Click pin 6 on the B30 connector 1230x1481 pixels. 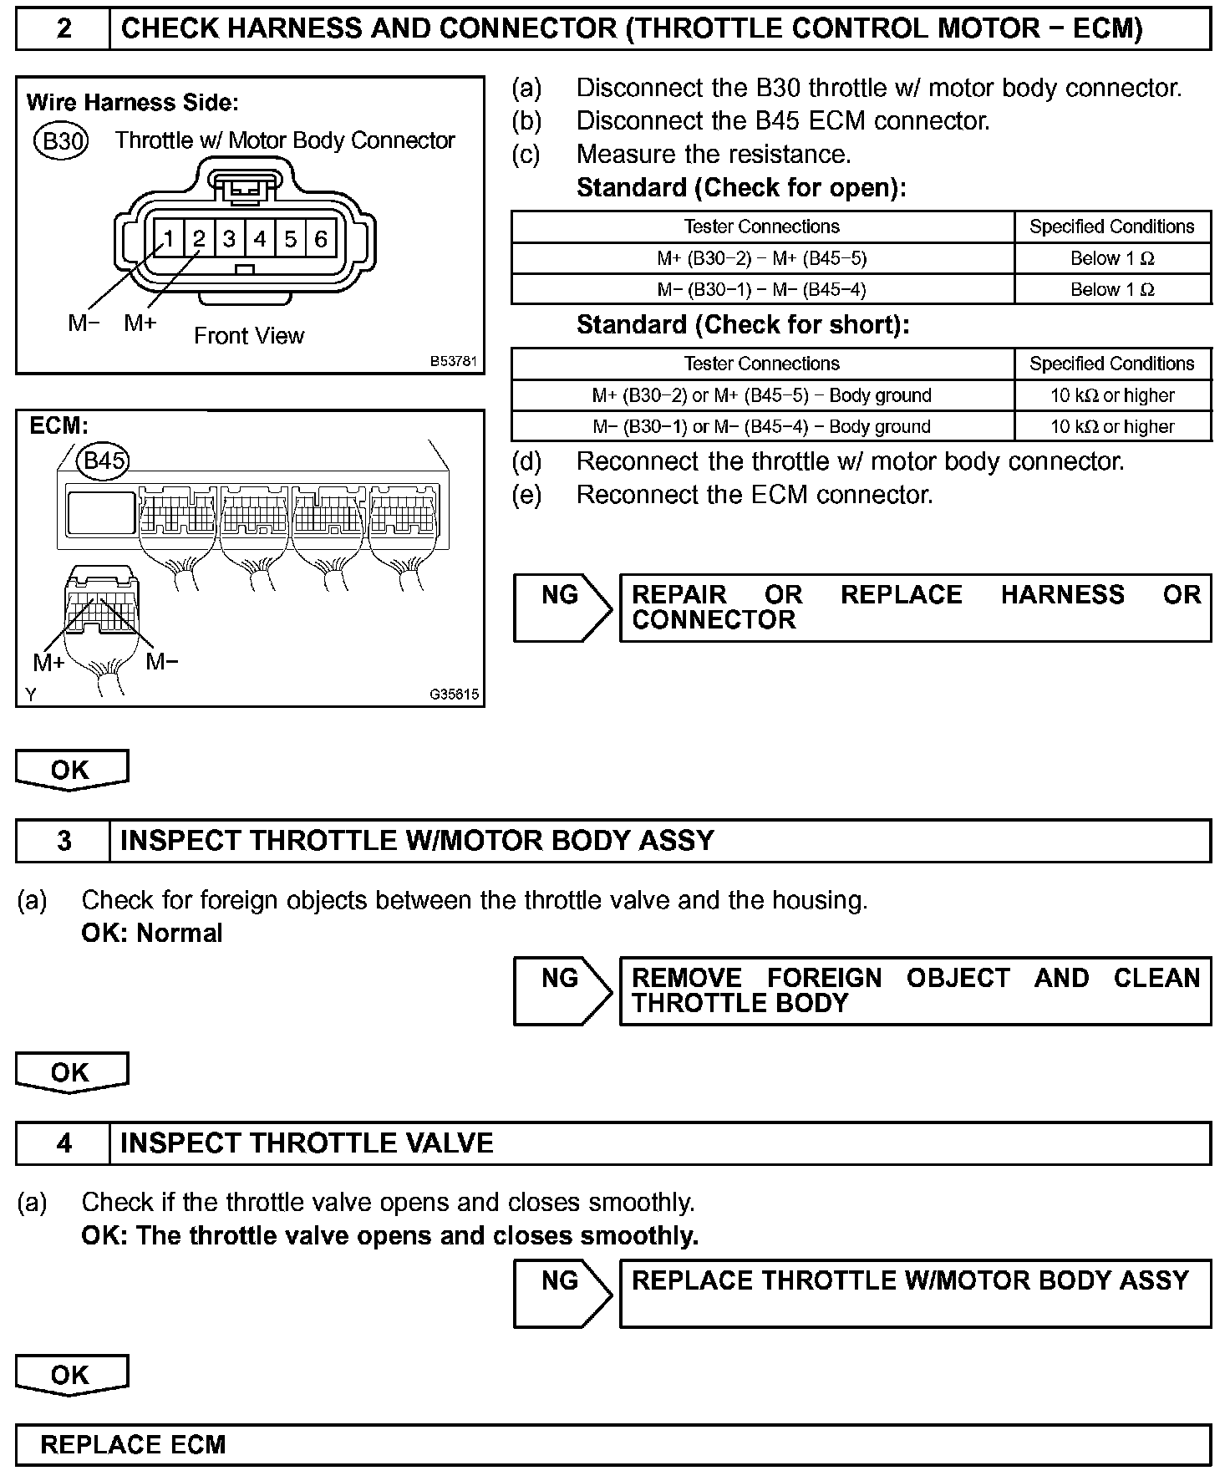pyautogui.click(x=321, y=240)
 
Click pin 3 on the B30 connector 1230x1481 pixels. pyautogui.click(x=229, y=240)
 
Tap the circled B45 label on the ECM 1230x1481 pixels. pyautogui.click(x=104, y=461)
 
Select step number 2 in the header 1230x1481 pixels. pyautogui.click(x=64, y=29)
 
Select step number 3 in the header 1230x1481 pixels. pyautogui.click(x=64, y=840)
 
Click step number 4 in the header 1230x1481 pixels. pyautogui.click(x=64, y=1143)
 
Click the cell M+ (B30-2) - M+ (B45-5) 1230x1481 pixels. pyautogui.click(x=762, y=258)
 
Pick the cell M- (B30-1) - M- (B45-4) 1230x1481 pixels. pyautogui.click(x=762, y=289)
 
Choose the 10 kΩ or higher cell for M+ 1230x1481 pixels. pyautogui.click(x=1112, y=395)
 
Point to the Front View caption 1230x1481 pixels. pyautogui.click(x=249, y=336)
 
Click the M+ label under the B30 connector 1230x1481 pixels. pyautogui.click(x=140, y=323)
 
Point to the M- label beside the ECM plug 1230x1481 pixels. pyautogui.click(x=162, y=662)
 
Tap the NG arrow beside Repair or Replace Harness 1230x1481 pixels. pyautogui.click(x=562, y=608)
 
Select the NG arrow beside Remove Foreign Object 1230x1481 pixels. pyautogui.click(x=562, y=990)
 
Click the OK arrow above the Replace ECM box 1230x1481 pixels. pyautogui.click(x=71, y=1376)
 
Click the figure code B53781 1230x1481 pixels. pyautogui.click(x=454, y=362)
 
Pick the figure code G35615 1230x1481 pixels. pyautogui.click(x=455, y=694)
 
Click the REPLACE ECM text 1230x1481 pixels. pyautogui.click(x=133, y=1445)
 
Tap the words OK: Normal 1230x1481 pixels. pyautogui.click(x=152, y=933)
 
